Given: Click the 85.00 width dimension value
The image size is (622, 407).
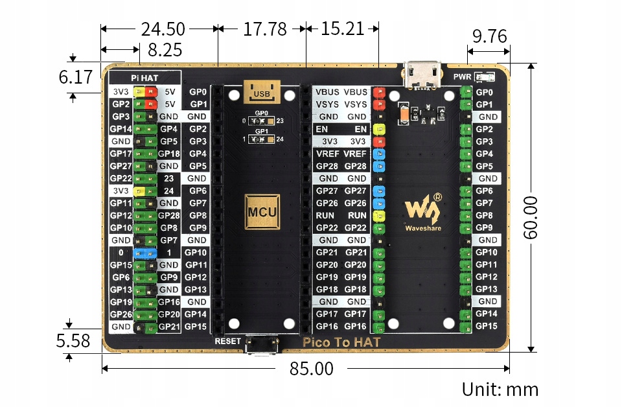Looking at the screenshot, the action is (x=311, y=369).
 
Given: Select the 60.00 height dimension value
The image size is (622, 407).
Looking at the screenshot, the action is (x=531, y=218).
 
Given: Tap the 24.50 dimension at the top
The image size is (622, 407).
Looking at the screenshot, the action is (x=163, y=29).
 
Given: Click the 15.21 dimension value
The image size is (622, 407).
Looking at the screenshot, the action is (x=342, y=29).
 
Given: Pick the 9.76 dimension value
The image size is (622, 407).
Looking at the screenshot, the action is (x=489, y=36).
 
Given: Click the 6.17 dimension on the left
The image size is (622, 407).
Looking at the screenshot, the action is (x=76, y=77).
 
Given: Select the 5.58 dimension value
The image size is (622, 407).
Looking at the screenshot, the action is (x=73, y=340).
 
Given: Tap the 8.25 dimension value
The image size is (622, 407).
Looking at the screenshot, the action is (x=165, y=50).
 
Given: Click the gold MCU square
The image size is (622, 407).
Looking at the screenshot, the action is (x=262, y=211).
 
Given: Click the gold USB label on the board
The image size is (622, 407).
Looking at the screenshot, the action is (x=262, y=92).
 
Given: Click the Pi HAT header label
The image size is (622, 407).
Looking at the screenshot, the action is (x=144, y=78).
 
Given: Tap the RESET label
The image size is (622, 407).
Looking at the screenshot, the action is (x=228, y=342).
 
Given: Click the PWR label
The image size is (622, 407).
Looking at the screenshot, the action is (x=463, y=76).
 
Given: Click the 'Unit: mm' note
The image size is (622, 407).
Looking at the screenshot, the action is (x=500, y=389).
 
